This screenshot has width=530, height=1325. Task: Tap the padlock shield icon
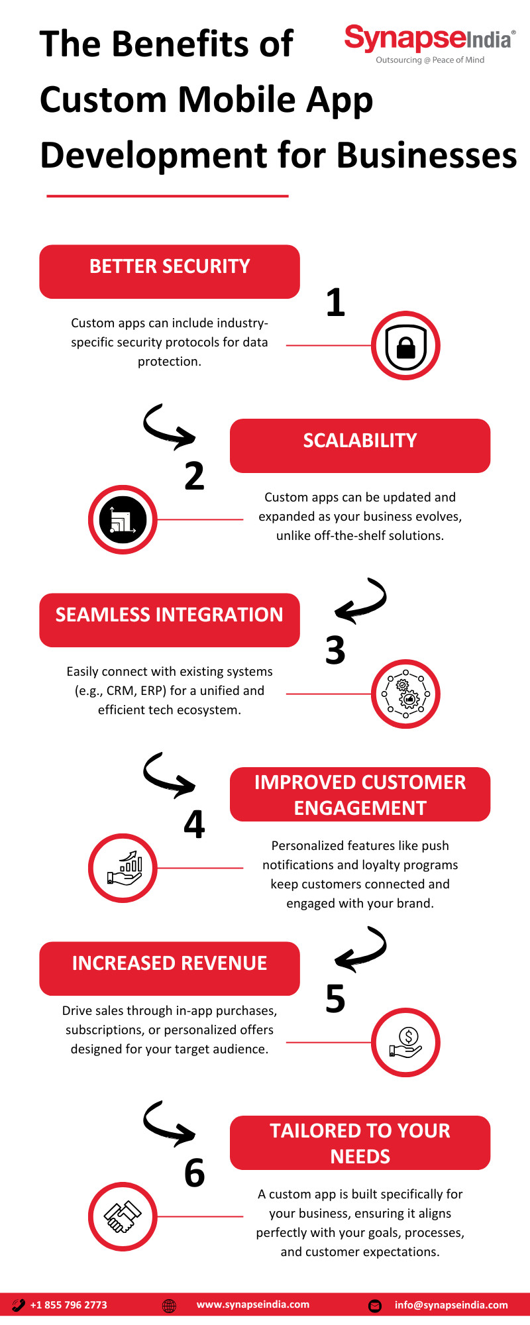pos(405,346)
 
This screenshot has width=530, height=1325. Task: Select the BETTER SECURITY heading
pos(170,266)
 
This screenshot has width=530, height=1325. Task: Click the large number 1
pos(336,302)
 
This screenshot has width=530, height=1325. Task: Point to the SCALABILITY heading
pos(360,441)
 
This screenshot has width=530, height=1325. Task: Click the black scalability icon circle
pos(123,520)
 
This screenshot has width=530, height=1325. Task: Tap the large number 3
pos(335,651)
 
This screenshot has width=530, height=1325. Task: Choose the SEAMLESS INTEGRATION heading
pos(169,615)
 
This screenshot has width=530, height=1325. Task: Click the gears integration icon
pos(405,694)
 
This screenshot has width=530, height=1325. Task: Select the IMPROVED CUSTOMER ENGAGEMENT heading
pos(360,795)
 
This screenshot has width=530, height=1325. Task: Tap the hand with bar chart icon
pos(125,869)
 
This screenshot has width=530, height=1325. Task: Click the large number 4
pos(194,825)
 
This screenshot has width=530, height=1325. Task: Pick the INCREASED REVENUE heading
pos(170,963)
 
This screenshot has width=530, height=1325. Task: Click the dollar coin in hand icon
pos(405,1042)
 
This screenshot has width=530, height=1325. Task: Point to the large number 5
pos(335,999)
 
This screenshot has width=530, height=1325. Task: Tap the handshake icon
pos(123,1217)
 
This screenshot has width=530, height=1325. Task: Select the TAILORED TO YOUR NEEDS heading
pos(360,1143)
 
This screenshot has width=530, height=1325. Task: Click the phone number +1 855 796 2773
pos(69,1305)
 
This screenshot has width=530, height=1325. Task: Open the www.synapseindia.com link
pos(253,1304)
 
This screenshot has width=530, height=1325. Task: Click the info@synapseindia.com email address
pos(451,1305)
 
